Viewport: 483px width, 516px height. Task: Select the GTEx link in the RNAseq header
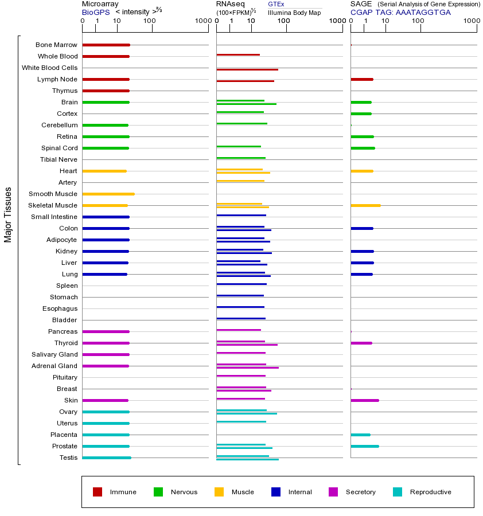(x=276, y=4)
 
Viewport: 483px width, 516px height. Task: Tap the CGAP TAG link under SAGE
(x=400, y=12)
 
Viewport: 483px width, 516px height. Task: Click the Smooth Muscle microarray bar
(x=108, y=194)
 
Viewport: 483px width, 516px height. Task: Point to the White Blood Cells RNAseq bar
(x=247, y=69)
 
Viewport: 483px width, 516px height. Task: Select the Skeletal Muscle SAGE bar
(x=365, y=205)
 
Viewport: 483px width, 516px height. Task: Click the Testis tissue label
(x=68, y=458)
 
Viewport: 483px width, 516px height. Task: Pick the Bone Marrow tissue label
(x=56, y=45)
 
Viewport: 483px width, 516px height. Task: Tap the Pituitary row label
(x=65, y=377)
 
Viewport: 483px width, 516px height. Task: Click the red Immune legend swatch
(x=98, y=492)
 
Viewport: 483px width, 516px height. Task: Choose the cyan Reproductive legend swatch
(x=398, y=492)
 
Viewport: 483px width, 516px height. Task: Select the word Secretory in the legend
(x=361, y=492)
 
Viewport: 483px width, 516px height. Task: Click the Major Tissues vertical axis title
(x=8, y=214)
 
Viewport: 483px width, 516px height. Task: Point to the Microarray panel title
(x=100, y=4)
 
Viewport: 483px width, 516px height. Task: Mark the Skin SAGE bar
(x=365, y=400)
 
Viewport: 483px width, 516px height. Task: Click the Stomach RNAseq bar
(x=240, y=295)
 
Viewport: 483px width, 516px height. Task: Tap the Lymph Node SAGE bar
(x=362, y=79)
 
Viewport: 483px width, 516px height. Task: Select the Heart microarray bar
(x=104, y=171)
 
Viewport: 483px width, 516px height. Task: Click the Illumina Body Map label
(x=294, y=13)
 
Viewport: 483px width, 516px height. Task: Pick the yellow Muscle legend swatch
(x=219, y=492)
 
